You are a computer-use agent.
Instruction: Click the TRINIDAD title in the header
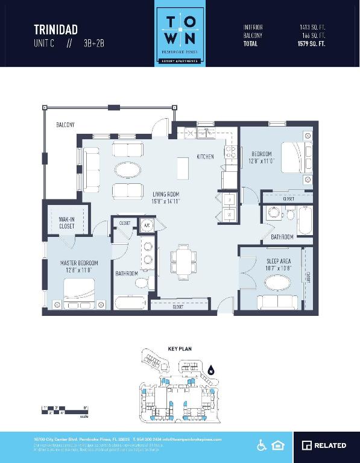pos(55,30)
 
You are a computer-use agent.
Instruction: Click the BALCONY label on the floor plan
pos(65,125)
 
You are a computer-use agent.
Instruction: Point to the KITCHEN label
pos(205,157)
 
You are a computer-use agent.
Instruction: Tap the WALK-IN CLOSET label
pos(67,222)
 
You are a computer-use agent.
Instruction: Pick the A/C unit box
pos(146,226)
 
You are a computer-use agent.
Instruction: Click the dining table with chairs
pos(182,263)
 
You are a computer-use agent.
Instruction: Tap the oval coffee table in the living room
pos(130,170)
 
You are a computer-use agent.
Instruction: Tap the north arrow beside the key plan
pos(211,371)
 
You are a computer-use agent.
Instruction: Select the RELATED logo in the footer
pos(324,446)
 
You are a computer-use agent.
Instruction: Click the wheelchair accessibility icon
pos(262,446)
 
